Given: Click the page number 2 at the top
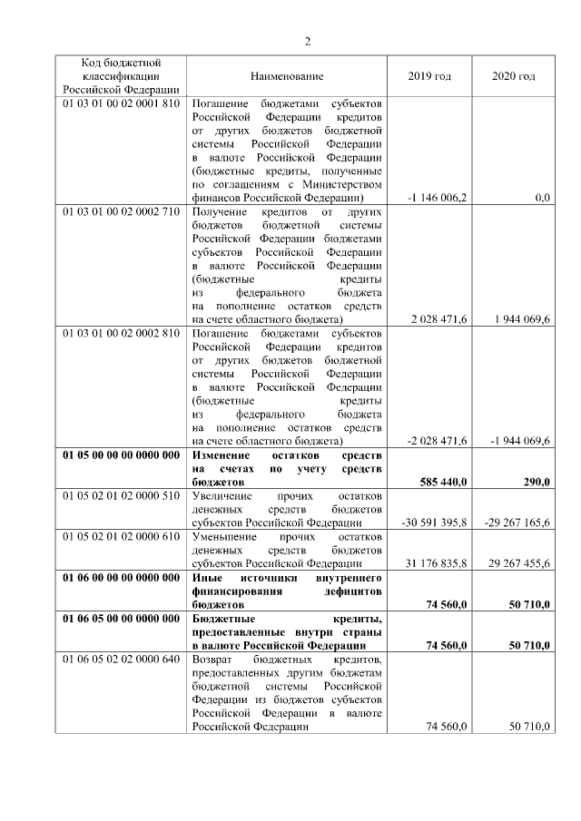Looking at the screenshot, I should tap(308, 41).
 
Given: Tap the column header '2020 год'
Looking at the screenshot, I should tap(513, 76).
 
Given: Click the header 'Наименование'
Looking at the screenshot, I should tap(287, 76).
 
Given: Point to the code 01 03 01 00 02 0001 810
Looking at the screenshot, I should tap(120, 103).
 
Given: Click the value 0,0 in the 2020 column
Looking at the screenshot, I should tap(542, 197).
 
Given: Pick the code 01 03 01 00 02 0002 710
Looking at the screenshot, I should tap(120, 211).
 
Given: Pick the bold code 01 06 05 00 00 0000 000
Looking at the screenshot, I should tap(120, 619).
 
